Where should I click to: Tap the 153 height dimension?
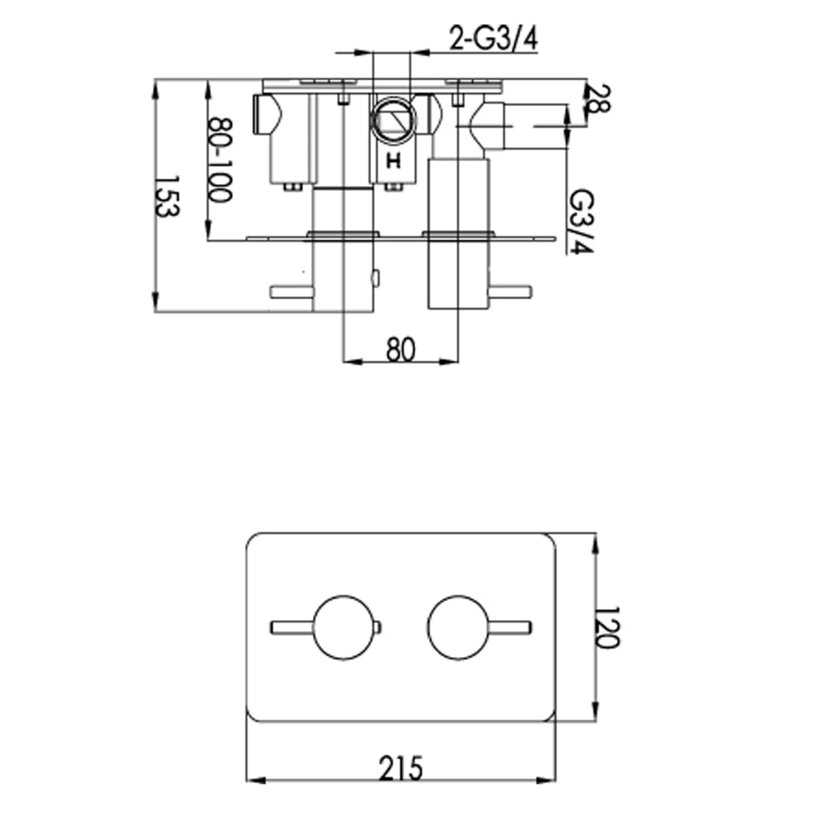(x=167, y=196)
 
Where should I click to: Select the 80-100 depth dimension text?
(x=219, y=160)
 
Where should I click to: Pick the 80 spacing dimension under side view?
(x=401, y=350)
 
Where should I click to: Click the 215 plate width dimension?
(x=401, y=769)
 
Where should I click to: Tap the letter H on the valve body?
(x=394, y=161)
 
